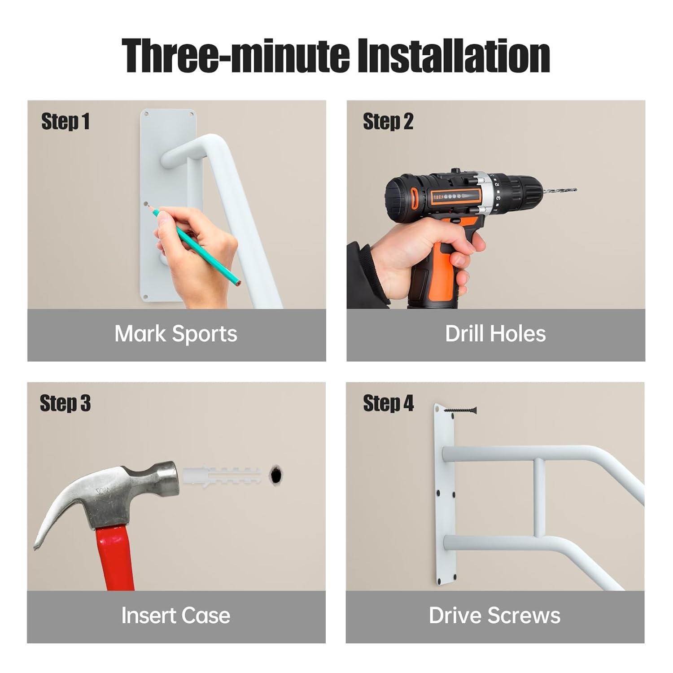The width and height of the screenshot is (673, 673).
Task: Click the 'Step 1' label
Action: tap(66, 122)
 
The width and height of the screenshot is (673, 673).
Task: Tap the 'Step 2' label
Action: tap(388, 122)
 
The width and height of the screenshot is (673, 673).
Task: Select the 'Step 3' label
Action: tap(66, 403)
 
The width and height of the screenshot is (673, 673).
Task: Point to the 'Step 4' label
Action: tap(389, 403)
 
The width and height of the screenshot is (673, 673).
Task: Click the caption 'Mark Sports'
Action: tap(176, 334)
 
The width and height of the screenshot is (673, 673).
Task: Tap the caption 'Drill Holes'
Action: tap(495, 334)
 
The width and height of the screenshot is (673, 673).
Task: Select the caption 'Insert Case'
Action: tap(176, 615)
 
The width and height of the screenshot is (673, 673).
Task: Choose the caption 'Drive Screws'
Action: tap(494, 615)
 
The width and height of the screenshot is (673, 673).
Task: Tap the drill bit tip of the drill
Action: tap(575, 190)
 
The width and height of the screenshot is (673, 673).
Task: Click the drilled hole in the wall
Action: tap(276, 474)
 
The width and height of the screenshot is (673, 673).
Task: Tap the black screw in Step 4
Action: tap(460, 410)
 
